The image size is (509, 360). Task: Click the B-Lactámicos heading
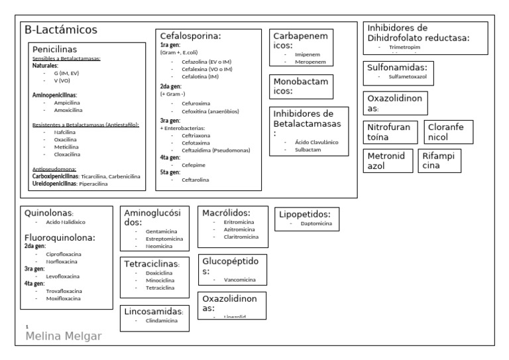pyautogui.click(x=61, y=30)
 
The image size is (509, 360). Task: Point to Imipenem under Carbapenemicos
pyautogui.click(x=308, y=55)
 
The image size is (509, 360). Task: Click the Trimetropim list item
pyautogui.click(x=404, y=48)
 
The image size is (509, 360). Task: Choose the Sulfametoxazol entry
pyautogui.click(x=408, y=77)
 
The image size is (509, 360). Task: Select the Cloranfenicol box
pyautogui.click(x=447, y=132)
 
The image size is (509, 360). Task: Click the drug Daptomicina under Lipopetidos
pyautogui.click(x=315, y=224)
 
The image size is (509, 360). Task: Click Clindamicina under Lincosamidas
pyautogui.click(x=162, y=320)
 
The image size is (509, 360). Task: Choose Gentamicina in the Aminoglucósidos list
pyautogui.click(x=162, y=231)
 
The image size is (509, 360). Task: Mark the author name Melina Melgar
pyautogui.click(x=64, y=336)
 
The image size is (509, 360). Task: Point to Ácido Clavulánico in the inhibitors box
pyautogui.click(x=311, y=142)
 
